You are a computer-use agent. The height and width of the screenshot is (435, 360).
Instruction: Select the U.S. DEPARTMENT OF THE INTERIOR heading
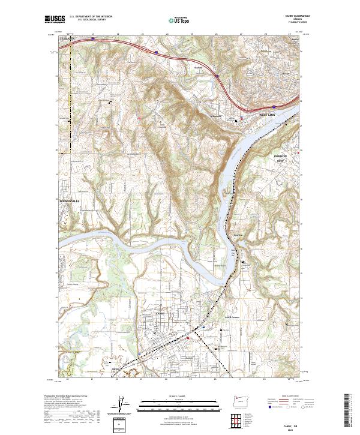coord(91,17)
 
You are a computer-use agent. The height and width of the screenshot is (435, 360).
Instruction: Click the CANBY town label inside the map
coord(159,313)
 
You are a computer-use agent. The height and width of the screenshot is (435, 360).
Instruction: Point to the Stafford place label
coord(196,68)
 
